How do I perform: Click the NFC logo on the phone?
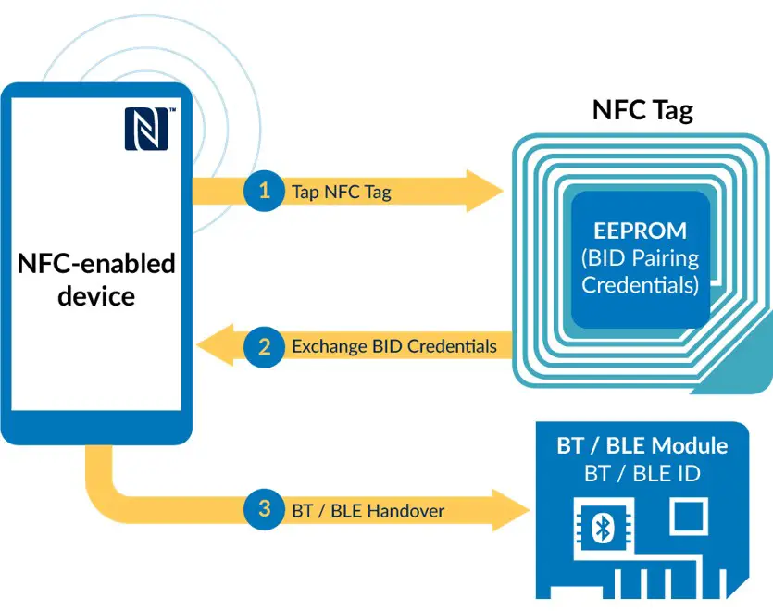(146, 129)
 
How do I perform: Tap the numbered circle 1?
(265, 192)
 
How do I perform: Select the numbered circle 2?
(265, 347)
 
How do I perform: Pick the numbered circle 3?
(265, 509)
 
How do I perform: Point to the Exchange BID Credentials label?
(393, 347)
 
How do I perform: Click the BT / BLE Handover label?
(368, 510)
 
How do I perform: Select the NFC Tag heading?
(642, 111)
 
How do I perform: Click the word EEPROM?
(641, 231)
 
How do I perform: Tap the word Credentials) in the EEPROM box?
(640, 284)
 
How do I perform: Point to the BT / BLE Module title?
(642, 445)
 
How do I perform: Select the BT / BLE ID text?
(642, 474)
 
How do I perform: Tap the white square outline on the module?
(687, 515)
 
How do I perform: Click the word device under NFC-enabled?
(96, 296)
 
